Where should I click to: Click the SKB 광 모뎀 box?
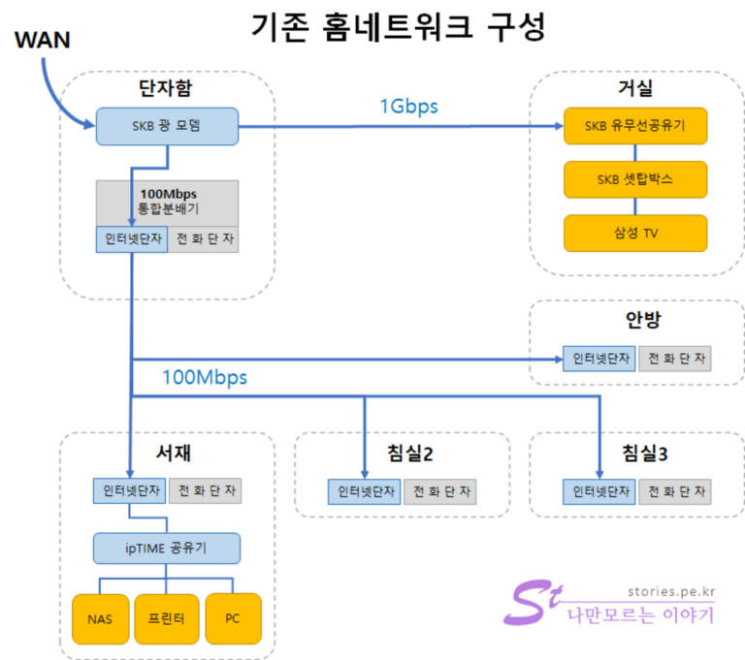tap(167, 127)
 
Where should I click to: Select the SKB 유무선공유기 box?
tap(635, 126)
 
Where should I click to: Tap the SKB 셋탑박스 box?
tap(635, 180)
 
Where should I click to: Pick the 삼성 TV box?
tap(635, 234)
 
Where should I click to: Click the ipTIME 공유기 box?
tap(166, 549)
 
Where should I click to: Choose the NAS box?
tap(98, 617)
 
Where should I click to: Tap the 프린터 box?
tap(166, 617)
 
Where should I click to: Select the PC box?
tap(233, 617)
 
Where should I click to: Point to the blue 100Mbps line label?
tap(204, 377)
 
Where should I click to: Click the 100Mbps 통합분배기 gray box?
tap(167, 202)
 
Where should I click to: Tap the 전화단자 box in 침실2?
tap(441, 491)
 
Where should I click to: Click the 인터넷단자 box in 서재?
tap(130, 491)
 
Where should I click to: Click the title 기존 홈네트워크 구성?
tap(398, 27)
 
